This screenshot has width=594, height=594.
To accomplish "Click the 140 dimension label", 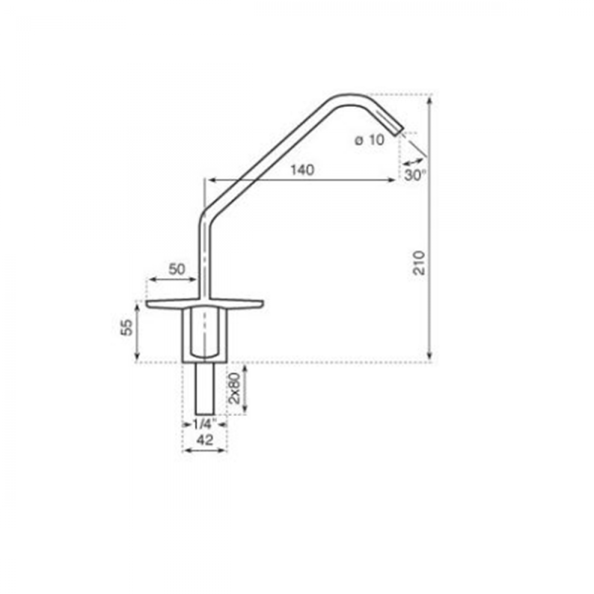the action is tap(302, 170).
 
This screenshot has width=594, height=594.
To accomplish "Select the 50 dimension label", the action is tap(177, 269).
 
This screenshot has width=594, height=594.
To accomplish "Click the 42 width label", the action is tap(205, 440).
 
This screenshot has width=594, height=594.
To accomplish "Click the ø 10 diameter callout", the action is tap(370, 140).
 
